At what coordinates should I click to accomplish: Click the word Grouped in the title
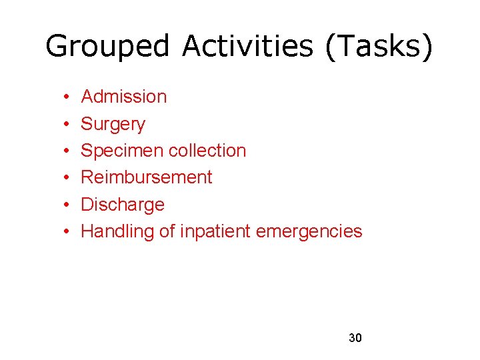pyautogui.click(x=109, y=47)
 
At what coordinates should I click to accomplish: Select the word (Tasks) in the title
pyautogui.click(x=379, y=47)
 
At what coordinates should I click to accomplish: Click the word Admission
pyautogui.click(x=123, y=97)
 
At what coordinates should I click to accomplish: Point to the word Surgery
pyautogui.click(x=113, y=124)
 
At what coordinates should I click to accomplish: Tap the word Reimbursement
pyautogui.click(x=146, y=177)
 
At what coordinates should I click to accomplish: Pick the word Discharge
pyautogui.click(x=122, y=204)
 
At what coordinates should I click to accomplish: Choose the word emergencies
pyautogui.click(x=309, y=231)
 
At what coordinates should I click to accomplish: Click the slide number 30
pyautogui.click(x=355, y=338)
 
